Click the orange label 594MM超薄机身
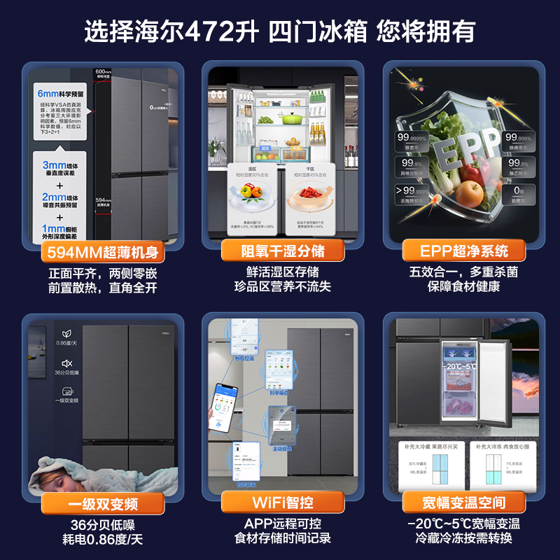[x=102, y=251]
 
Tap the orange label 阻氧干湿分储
[x=283, y=251]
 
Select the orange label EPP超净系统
[x=463, y=251]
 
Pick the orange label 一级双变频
[x=102, y=503]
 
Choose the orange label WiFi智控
[x=283, y=503]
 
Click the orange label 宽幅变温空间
[x=463, y=503]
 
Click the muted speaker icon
[x=66, y=363]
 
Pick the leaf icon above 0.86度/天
[x=66, y=333]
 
